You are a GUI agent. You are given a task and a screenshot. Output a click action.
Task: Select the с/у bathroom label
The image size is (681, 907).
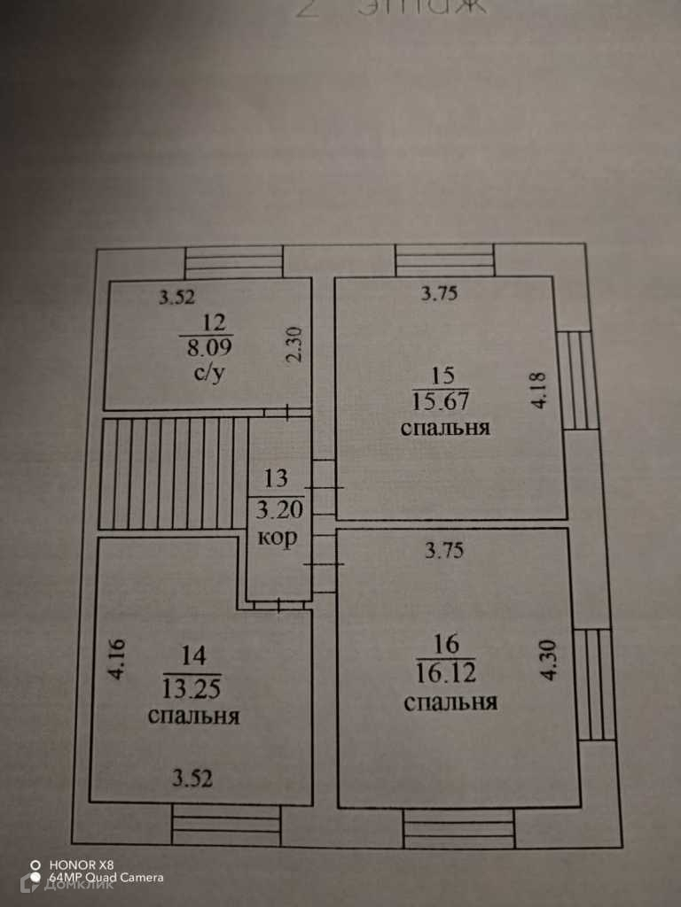pyautogui.click(x=210, y=372)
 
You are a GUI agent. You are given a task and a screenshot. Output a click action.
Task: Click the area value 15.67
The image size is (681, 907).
pyautogui.click(x=440, y=400)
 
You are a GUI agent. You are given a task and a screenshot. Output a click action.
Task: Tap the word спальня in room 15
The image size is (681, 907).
pyautogui.click(x=446, y=430)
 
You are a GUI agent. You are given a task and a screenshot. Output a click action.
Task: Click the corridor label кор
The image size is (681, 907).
pyautogui.click(x=277, y=538)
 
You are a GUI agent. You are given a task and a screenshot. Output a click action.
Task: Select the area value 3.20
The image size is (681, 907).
pyautogui.click(x=277, y=508)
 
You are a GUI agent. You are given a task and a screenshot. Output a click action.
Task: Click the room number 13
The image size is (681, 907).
pyautogui.click(x=277, y=479)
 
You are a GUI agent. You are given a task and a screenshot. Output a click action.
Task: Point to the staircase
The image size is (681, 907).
pyautogui.click(x=174, y=473)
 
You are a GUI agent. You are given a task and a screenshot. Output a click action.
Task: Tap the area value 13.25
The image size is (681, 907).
pyautogui.click(x=192, y=686)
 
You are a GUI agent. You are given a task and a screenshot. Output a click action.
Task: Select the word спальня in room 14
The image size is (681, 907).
pyautogui.click(x=194, y=716)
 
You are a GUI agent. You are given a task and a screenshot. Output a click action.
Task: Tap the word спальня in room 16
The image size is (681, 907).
pyautogui.click(x=450, y=703)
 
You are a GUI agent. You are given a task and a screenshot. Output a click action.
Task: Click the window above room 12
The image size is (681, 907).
pyautogui.click(x=234, y=261)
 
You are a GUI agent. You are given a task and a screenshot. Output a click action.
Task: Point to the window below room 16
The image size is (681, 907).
pyautogui.click(x=458, y=829)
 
